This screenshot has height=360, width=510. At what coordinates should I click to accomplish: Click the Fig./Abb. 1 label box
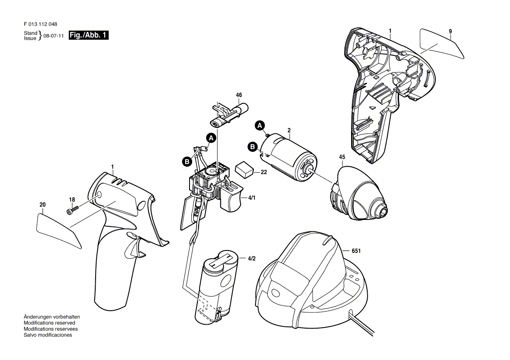(x=89, y=35)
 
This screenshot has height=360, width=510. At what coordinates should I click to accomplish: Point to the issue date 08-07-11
(x=54, y=36)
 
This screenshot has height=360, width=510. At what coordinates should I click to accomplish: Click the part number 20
(x=43, y=205)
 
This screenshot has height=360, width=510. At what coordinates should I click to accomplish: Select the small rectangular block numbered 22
(x=244, y=169)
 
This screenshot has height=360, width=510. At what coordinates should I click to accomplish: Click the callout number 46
(x=239, y=95)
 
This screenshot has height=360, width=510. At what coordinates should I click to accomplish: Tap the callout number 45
(x=342, y=157)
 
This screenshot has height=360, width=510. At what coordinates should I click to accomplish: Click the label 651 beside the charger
(x=356, y=251)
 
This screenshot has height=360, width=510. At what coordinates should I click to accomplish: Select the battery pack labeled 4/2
(x=217, y=287)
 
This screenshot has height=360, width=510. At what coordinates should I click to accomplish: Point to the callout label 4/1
(x=252, y=198)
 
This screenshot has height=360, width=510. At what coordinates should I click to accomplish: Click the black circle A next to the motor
(x=259, y=125)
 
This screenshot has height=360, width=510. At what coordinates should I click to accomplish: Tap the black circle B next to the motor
(x=253, y=147)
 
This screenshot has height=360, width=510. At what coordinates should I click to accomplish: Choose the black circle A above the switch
(x=211, y=138)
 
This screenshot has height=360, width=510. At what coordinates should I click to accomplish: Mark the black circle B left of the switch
(x=187, y=161)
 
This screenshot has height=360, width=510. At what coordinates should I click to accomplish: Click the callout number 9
(x=451, y=31)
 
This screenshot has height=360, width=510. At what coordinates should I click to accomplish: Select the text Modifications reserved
(x=49, y=323)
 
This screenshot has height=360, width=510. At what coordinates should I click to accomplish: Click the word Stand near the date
(x=31, y=33)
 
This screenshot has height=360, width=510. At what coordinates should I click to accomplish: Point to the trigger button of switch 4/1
(x=231, y=197)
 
